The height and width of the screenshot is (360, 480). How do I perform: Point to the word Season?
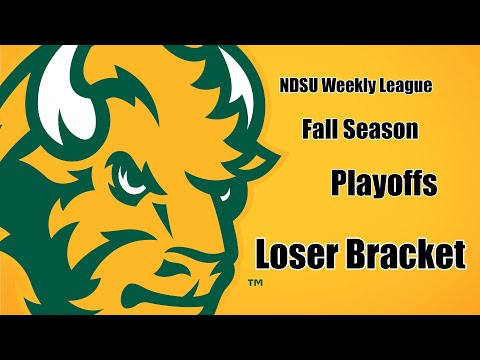379,129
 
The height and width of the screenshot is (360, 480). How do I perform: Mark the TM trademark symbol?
254,285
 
